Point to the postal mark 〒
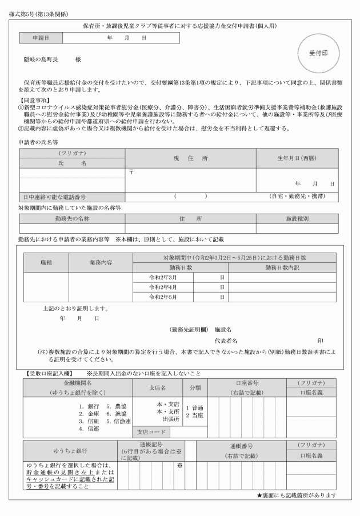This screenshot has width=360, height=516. [x=131, y=172]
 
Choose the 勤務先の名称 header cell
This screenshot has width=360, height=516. [x=71, y=218]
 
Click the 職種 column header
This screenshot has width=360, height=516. [x=46, y=262]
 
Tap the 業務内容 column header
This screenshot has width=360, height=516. [x=101, y=262]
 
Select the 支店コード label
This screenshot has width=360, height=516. [x=148, y=432]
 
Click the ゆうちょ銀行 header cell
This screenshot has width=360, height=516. [x=70, y=450]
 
